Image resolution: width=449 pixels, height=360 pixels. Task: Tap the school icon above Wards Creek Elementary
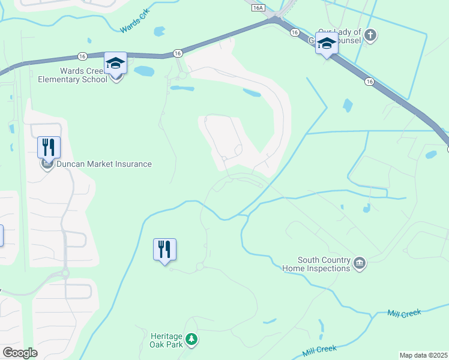pos(116,62)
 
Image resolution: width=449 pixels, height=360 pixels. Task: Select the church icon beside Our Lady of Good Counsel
pos(370,35)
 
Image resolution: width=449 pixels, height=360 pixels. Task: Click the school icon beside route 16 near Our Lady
pos(327,44)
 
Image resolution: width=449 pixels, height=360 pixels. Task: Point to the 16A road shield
pos(258,8)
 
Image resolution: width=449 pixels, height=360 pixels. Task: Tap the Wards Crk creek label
pos(134,25)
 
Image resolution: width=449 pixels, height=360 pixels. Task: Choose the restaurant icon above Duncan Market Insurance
pos(48,146)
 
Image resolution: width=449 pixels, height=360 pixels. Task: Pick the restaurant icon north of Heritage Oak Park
pos(164,248)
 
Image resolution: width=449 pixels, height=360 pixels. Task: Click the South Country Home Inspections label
pos(316,264)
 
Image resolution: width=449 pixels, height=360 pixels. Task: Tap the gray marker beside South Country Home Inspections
pos(360,264)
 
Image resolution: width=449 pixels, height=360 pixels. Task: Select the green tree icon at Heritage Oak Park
pos(191,340)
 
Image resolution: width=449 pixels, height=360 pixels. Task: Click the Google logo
pos(19,353)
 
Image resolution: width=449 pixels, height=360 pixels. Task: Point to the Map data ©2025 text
pos(423,355)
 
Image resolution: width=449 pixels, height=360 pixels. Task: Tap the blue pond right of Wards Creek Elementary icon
pos(145,71)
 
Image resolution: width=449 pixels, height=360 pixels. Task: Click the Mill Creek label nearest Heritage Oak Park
pos(319,349)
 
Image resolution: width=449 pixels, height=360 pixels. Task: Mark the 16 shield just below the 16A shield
pos(294,32)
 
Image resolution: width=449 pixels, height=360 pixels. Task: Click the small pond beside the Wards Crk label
pos(159,31)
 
